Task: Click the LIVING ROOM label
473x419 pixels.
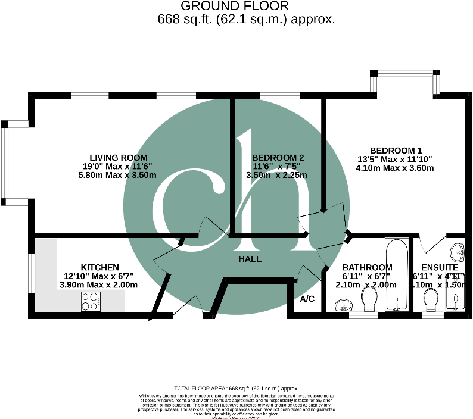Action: tap(115, 157)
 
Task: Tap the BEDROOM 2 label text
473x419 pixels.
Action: tap(278, 157)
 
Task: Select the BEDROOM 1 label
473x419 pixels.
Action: tap(396, 150)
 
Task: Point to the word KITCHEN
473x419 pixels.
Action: tap(100, 267)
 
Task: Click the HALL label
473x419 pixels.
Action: tap(250, 259)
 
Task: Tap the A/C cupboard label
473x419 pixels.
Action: tap(307, 298)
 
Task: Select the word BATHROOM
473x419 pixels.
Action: tap(367, 267)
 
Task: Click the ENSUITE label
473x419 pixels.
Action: tap(440, 267)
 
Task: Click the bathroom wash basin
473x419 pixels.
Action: tap(343, 306)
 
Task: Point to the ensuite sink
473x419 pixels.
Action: tap(458, 251)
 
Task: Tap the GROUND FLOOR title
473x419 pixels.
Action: tap(234, 6)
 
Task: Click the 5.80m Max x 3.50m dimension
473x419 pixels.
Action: tap(117, 175)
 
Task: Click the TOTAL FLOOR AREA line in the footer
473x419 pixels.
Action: tap(236, 388)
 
